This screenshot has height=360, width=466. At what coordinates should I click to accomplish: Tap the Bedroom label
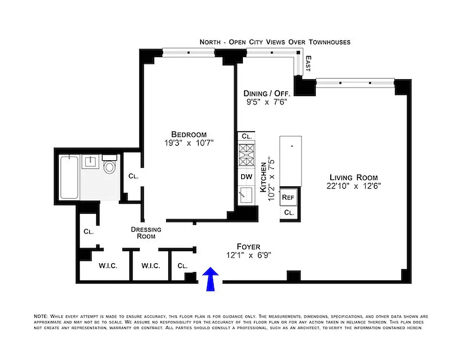coord(188,134)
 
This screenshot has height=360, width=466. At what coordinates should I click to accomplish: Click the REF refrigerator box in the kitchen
coord(287,197)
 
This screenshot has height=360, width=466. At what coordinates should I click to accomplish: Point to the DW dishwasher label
coord(246,176)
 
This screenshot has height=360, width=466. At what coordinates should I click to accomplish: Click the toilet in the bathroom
coord(109,166)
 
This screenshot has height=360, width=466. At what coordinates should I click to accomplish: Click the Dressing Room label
coord(146,233)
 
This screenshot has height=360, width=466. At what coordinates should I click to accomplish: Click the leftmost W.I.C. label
coord(108,265)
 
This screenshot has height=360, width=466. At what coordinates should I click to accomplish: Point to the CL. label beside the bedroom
coord(133,176)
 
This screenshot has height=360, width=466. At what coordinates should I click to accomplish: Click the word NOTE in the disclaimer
coord(41,316)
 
